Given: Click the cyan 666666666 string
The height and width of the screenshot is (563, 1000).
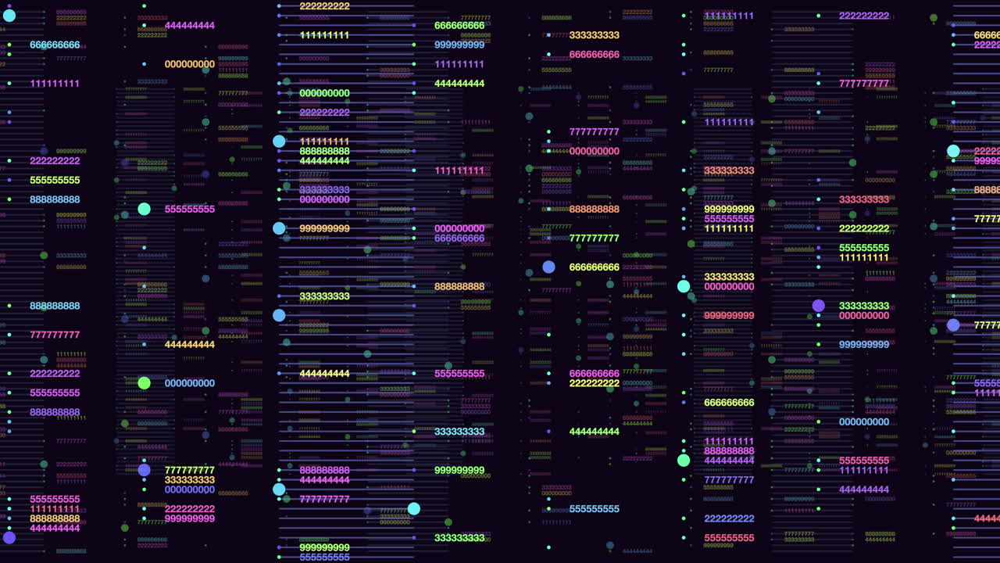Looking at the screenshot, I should tap(55, 45).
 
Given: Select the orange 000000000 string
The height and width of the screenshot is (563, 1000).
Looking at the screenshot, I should tap(189, 64).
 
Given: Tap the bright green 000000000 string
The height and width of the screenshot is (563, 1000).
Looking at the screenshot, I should tap(324, 93).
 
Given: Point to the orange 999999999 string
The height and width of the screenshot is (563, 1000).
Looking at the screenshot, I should tap(324, 228).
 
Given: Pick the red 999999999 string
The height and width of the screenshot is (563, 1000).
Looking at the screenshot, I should tap(729, 316).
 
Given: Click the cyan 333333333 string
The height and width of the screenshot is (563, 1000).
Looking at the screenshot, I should tap(459, 432).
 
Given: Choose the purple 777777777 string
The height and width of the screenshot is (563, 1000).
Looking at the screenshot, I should tap(729, 480).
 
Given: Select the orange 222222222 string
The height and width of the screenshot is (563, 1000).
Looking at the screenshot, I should tap(324, 6).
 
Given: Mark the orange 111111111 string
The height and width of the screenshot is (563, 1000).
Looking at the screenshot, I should tap(324, 142).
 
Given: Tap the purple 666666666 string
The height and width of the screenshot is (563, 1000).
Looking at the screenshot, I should tap(459, 238).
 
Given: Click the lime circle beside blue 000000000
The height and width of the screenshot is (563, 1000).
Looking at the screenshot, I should tap(144, 383).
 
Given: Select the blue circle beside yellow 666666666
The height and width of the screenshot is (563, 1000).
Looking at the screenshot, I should tap(548, 267).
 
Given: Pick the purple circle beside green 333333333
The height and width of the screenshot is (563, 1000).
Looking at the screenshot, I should tap(818, 306).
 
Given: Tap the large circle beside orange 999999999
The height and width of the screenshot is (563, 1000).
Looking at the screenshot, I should tap(279, 228).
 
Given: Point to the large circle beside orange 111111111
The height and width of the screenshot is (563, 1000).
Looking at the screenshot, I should tap(279, 142).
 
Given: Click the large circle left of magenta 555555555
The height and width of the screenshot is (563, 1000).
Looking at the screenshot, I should tap(144, 209).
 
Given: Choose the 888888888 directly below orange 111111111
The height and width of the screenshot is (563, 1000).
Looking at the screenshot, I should tap(324, 151).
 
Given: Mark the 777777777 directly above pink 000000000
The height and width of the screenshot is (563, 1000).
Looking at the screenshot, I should tap(595, 132).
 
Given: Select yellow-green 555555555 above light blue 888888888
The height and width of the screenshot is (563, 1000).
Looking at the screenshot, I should tap(55, 180).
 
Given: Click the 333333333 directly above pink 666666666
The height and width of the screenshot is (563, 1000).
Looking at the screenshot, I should tap(595, 35).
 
